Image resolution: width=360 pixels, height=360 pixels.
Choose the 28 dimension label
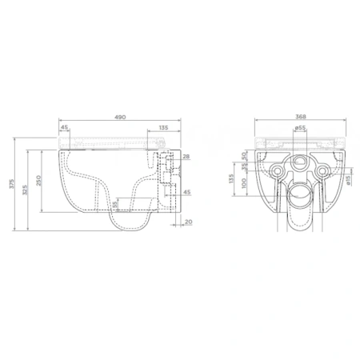click(186, 157)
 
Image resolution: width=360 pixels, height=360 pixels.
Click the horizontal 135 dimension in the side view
click(162, 126)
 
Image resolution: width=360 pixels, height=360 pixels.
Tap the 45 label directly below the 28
click(186, 193)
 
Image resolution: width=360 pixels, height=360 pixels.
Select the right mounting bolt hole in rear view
click(323, 170)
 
